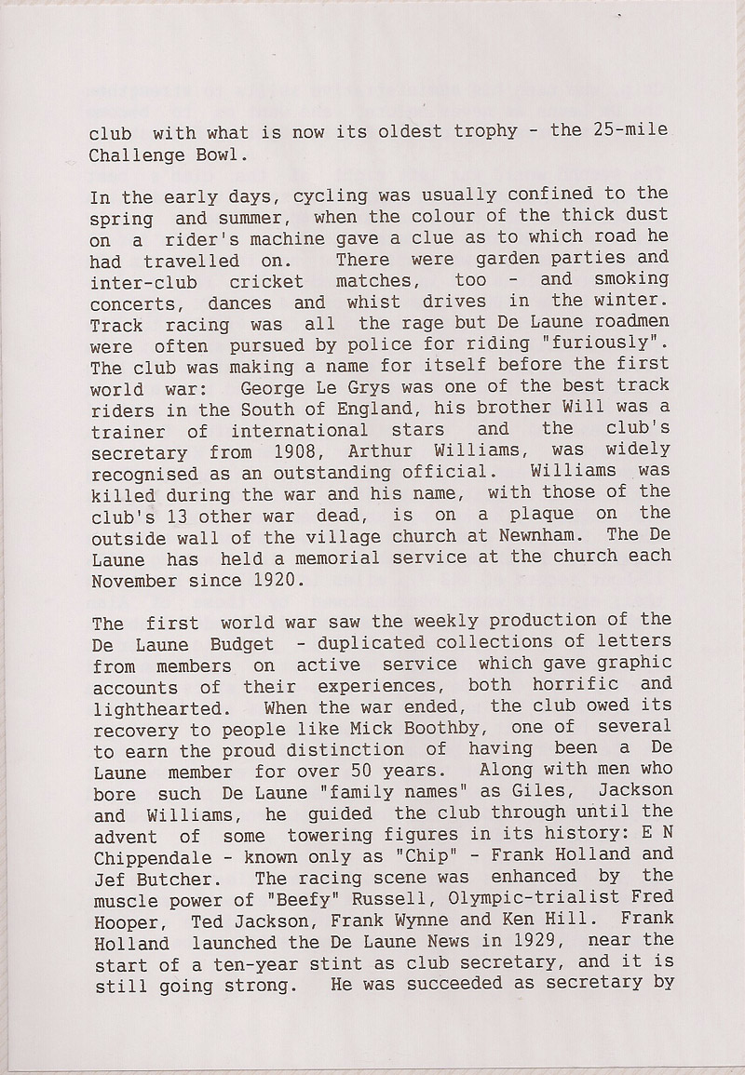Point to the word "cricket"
click(261, 281)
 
